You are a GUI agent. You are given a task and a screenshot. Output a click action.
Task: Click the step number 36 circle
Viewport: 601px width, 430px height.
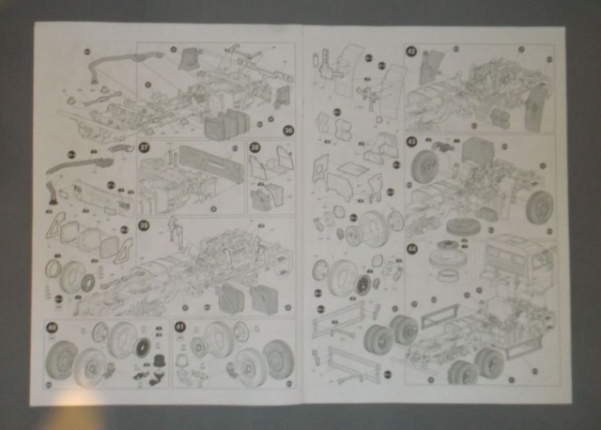pos(288,131)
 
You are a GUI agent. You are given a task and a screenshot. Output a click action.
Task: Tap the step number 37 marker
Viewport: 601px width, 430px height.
pos(145,147)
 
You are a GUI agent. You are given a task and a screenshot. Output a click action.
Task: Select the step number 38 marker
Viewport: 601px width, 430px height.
pos(254,147)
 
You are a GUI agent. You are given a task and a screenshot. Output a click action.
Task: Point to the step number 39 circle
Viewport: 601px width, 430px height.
pos(144,225)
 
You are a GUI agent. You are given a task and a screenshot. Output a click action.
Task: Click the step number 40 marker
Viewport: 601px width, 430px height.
pos(52,328)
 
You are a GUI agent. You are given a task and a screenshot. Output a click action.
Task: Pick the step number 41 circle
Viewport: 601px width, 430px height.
pos(180,328)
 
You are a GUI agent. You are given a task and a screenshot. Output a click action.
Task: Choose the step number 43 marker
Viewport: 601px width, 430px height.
pos(411,142)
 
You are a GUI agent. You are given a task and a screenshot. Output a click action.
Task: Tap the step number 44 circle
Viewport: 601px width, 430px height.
pos(411,248)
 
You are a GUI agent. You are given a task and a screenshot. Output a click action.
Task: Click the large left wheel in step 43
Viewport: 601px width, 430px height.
pos(426,175)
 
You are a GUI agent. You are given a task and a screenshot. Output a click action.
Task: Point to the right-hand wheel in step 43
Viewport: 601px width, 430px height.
pos(540,207)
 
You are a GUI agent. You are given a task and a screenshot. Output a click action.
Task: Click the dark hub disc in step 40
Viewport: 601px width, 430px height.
pos(141,348)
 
